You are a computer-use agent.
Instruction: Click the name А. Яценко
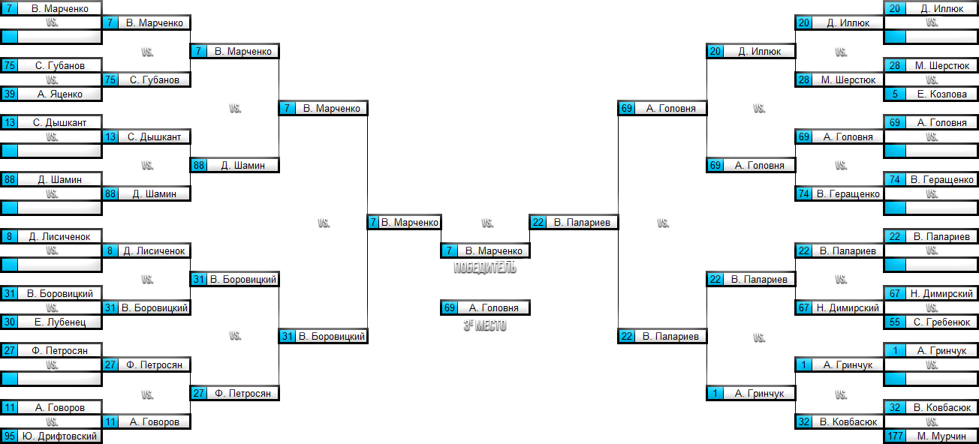click(60, 94)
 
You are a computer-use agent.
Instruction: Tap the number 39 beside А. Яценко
click(10, 94)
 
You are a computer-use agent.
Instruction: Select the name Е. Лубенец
click(60, 322)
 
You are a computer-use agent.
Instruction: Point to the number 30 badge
click(10, 322)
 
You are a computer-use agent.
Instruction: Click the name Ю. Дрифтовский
click(60, 436)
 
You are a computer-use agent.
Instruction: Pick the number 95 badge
click(10, 436)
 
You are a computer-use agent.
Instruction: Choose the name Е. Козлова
click(942, 94)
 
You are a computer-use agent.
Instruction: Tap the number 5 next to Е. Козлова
click(895, 94)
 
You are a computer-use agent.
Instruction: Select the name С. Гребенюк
click(942, 322)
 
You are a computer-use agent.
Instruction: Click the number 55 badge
click(895, 322)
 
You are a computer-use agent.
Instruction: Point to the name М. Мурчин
click(942, 436)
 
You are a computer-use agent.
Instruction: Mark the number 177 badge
click(895, 436)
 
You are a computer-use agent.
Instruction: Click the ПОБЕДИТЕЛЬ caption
click(485, 268)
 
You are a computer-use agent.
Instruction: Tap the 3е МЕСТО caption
click(485, 325)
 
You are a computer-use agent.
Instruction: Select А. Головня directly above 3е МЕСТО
click(493, 308)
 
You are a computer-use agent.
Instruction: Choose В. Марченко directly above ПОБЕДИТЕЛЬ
click(493, 251)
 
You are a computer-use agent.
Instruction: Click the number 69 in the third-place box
click(450, 308)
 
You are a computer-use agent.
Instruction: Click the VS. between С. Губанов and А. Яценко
click(52, 80)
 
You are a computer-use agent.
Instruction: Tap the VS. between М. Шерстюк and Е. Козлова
click(932, 80)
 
